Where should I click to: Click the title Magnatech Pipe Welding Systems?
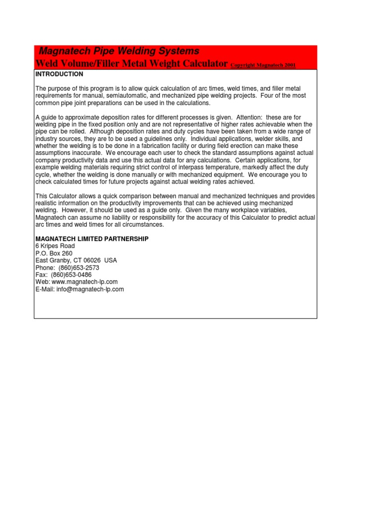coord(119,51)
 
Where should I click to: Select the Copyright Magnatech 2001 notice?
coord(263,65)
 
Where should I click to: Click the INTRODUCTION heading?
coord(59,74)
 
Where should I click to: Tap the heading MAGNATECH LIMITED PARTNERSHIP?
coord(92,239)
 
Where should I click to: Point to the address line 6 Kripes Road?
coord(55,246)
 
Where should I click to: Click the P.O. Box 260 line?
coord(54,254)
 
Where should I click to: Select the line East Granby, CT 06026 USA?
coord(76,260)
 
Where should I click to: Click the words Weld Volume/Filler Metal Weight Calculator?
coord(131,64)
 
